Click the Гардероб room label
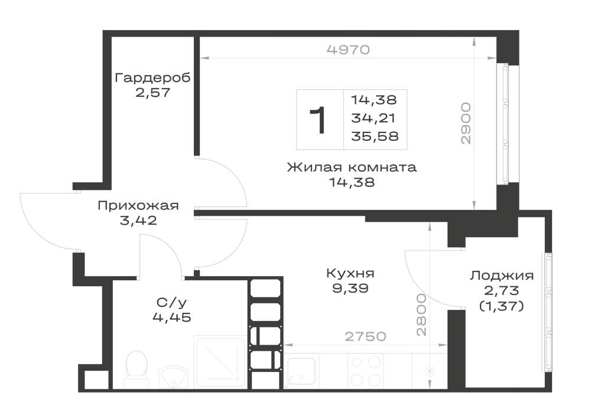click(x=152, y=78)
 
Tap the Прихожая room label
click(x=138, y=206)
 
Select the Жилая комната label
click(x=352, y=167)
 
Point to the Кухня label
click(x=350, y=273)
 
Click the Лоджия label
click(x=502, y=276)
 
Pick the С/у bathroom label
click(x=171, y=302)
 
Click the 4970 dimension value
click(x=348, y=50)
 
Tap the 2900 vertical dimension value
click(x=466, y=123)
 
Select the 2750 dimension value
click(x=366, y=336)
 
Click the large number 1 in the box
click(x=317, y=120)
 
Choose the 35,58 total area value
click(x=375, y=136)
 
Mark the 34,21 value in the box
click(x=373, y=118)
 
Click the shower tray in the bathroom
click(x=220, y=362)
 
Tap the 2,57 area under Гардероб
click(x=152, y=92)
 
